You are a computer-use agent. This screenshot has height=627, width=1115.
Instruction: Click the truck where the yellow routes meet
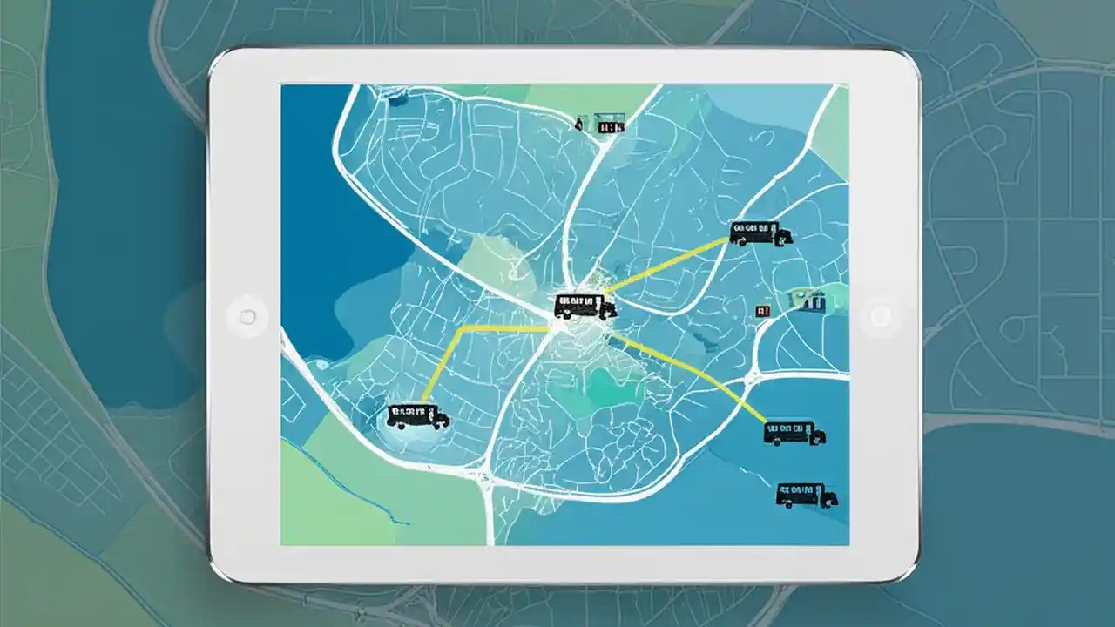point(584,306)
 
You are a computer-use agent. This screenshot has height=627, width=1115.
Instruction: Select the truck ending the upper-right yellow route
point(760,233)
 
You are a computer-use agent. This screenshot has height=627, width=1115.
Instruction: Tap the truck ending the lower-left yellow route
point(417,415)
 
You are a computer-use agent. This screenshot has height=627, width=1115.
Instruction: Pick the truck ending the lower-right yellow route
point(794,433)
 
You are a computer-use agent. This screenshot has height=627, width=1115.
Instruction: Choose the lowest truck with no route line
point(807,495)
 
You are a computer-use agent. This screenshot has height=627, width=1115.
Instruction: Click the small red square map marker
point(764,310)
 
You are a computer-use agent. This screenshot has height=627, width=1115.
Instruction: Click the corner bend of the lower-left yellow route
point(458,330)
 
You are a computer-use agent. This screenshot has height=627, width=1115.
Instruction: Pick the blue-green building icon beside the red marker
point(808,302)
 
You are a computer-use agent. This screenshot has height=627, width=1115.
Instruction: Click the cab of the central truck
point(607,307)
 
